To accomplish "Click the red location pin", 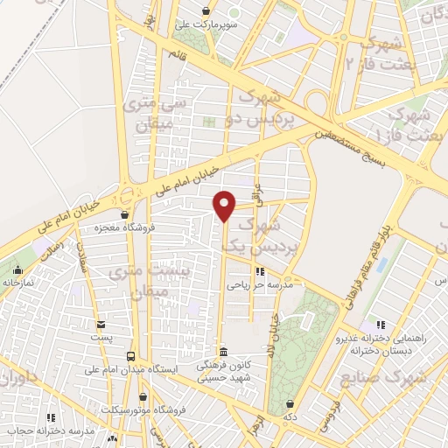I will [x=226, y=205].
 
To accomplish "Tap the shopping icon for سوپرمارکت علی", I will [x=206, y=11].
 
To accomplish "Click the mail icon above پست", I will [x=101, y=324].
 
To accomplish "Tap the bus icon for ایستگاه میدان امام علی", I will [x=130, y=356].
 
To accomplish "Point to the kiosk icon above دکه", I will [x=290, y=403].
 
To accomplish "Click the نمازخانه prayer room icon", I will [x=19, y=269].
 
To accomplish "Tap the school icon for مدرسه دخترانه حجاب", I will [x=52, y=418].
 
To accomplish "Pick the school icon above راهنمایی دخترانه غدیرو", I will [x=378, y=325].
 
